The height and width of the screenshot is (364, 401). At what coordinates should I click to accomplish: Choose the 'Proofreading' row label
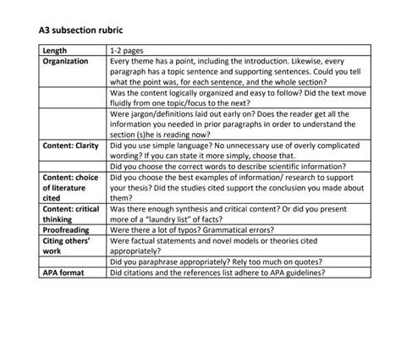(x=67, y=229)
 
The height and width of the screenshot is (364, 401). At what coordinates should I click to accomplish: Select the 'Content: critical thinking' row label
(x=70, y=213)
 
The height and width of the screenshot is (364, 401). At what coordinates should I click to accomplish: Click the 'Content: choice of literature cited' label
(x=70, y=187)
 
